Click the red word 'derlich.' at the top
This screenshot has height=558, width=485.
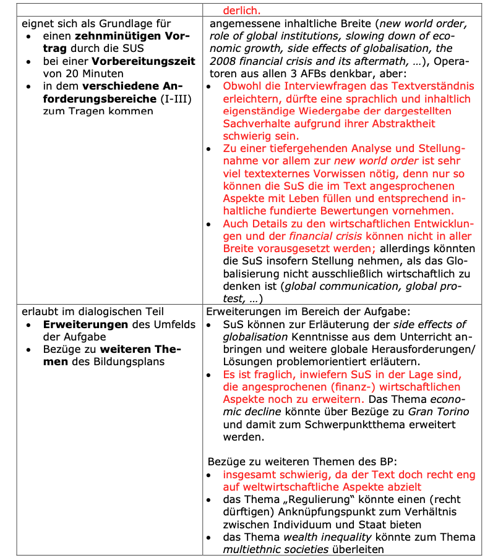(242, 9)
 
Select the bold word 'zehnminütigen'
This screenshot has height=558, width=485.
(111, 36)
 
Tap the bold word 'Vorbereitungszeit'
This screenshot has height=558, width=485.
(144, 61)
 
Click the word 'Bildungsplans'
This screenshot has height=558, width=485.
(130, 361)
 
